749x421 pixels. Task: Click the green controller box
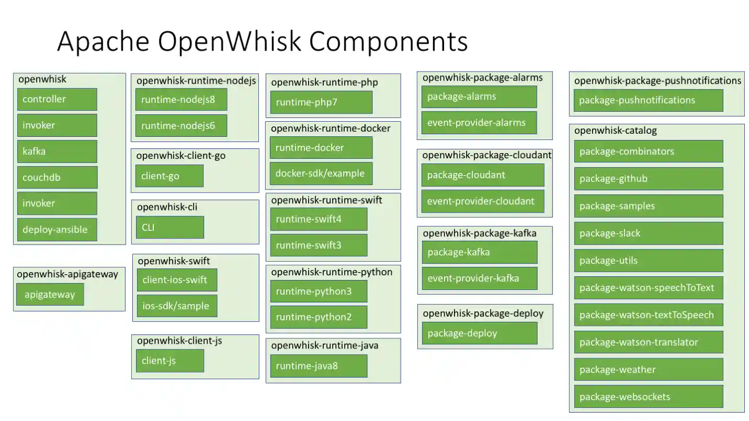[x=56, y=99]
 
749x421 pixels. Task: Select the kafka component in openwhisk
[x=56, y=151]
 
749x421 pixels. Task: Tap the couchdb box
[x=56, y=178]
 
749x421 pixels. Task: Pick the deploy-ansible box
[x=56, y=230]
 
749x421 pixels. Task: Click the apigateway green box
[x=50, y=295]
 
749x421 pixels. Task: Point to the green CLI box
[x=169, y=227]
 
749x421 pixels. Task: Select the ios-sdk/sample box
[x=177, y=306]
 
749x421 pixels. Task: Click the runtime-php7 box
[x=321, y=102]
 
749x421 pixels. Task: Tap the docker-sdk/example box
[x=321, y=173]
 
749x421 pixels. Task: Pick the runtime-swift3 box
[x=319, y=245]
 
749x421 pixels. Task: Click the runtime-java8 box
[x=319, y=366]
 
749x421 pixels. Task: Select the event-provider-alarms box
[x=479, y=123]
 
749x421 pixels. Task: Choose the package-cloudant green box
[x=482, y=175]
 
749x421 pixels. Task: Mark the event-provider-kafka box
[x=479, y=278]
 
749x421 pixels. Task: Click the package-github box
[x=649, y=179]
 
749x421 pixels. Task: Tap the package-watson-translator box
[x=649, y=342]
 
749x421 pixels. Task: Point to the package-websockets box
[x=649, y=396]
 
